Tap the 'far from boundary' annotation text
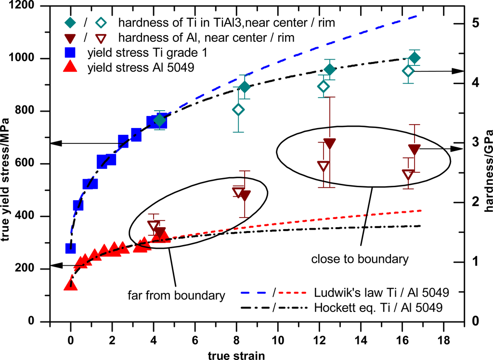coord(176,295)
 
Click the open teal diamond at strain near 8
coord(238,110)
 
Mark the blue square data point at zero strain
coord(71,248)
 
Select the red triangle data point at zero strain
coord(71,284)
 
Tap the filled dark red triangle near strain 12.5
coord(330,143)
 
